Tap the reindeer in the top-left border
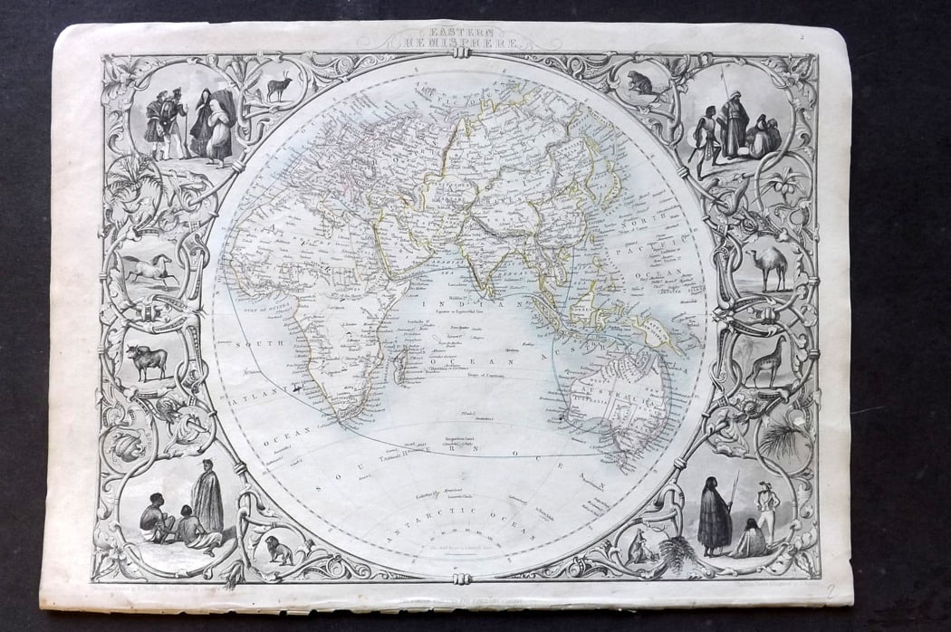(x=279, y=87)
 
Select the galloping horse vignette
(x=148, y=269)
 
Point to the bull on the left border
(x=147, y=360)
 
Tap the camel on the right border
(x=770, y=268)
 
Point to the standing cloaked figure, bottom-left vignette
(x=207, y=498)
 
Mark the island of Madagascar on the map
(x=399, y=366)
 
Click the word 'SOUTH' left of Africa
(x=253, y=344)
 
